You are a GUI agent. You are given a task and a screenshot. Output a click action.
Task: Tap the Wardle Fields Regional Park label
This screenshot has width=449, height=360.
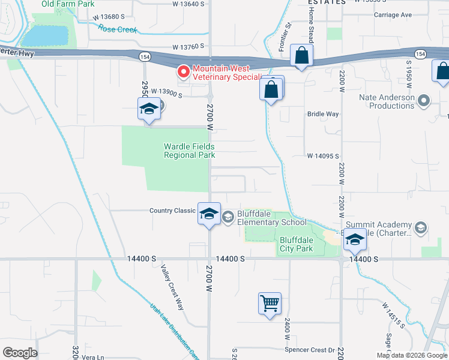pos(189,151)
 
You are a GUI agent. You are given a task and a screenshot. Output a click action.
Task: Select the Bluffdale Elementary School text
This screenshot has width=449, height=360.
pos(271,218)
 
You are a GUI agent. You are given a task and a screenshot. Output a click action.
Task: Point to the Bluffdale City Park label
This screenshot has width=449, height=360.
pos(297,244)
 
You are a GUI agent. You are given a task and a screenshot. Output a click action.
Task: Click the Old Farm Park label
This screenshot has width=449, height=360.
pos(68,4)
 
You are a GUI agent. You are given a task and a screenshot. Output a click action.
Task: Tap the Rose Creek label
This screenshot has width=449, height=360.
pos(118,29)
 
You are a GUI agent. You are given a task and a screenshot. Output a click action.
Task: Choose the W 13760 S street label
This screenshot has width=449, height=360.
pos(188,46)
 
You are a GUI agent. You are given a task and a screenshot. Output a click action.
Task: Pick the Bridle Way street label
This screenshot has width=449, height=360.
pos(323,113)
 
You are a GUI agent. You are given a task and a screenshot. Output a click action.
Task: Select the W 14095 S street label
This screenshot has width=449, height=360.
pos(324,156)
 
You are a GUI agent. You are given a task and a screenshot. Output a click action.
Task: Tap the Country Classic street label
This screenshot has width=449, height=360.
pos(172,211)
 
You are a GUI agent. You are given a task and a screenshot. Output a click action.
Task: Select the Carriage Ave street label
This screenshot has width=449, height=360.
pos(393,14)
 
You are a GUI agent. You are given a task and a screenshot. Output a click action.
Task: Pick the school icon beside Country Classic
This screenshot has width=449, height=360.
pos(209,214)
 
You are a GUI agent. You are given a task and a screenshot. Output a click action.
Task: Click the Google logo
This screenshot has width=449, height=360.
pos(20,352)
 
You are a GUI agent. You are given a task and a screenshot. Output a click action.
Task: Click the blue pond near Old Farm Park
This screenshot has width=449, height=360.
pos(46,35)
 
